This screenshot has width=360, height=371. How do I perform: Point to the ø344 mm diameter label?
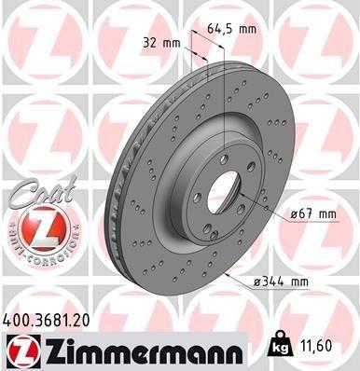[x=284, y=280]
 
